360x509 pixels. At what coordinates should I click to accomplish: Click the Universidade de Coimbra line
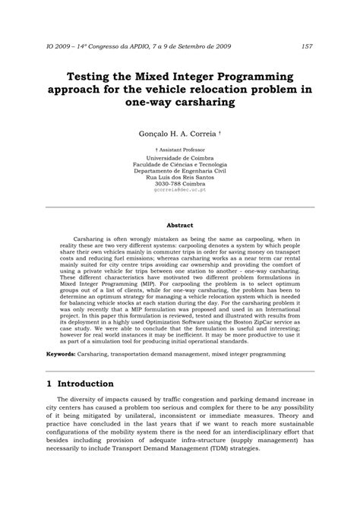tap(179, 158)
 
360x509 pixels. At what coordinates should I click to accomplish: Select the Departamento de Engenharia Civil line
tap(179, 171)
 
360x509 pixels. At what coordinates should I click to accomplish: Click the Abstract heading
tap(179, 224)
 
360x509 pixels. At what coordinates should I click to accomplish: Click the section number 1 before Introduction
tap(49, 384)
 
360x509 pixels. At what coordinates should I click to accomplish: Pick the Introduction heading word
tap(86, 384)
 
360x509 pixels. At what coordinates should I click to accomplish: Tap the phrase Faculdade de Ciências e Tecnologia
tap(179, 164)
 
